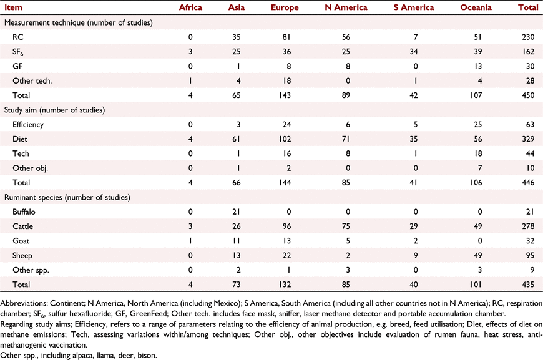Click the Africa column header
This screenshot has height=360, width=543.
pos(190,7)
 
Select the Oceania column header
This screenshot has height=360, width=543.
pos(476,7)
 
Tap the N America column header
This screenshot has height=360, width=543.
pos(346,7)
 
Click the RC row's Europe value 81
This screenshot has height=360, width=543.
pos(286,37)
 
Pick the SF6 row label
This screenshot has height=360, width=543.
pos(18,52)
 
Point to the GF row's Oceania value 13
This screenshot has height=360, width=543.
pos(478,66)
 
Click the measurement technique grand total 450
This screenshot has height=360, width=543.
pos(528,95)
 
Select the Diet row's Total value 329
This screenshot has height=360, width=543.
pos(528,139)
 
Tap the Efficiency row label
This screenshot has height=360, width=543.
pos(28,125)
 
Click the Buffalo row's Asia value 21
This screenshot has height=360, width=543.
pos(236,212)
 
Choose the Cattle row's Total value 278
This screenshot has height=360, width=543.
pos(528,226)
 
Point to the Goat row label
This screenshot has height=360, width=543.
pos(21,241)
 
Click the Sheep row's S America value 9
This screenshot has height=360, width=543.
pos(416,255)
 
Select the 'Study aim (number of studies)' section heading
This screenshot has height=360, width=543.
pos(54,110)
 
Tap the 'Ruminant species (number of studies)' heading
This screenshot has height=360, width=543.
pos(67,197)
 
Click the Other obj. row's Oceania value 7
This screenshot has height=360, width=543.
pos(479,168)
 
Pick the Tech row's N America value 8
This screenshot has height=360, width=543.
pos(348,153)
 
